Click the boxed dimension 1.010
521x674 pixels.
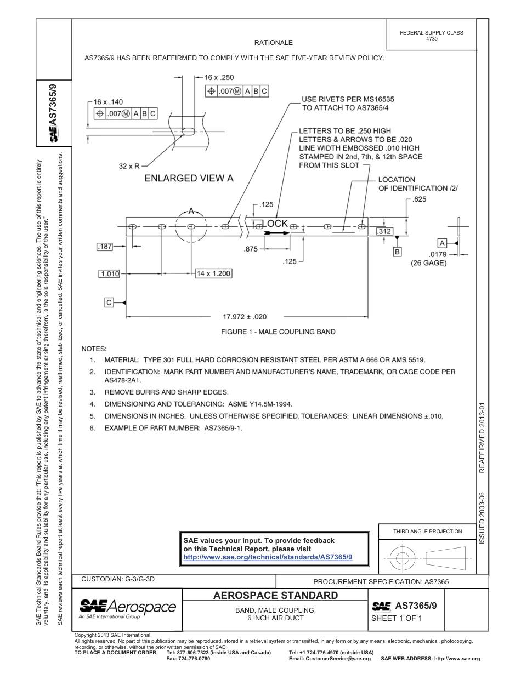coord(110,273)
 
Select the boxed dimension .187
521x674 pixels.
coord(105,247)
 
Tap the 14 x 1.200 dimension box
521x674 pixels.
coord(214,273)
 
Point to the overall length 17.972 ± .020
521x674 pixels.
coord(245,317)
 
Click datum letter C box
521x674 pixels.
coord(109,302)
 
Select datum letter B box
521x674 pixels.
coord(397,252)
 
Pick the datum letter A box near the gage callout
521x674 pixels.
coord(441,243)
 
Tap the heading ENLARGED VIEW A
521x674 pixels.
coord(189,178)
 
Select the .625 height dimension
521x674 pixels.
coord(419,199)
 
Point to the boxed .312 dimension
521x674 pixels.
coord(384,232)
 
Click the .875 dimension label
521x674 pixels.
coord(251,249)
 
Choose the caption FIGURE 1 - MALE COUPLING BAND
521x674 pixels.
coord(278,332)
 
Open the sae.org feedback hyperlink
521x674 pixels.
coord(268,557)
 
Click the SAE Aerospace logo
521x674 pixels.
coord(127,607)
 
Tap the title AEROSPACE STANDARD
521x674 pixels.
coord(275,596)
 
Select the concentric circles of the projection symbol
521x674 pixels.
coord(403,558)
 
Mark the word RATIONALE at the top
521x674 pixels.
coord(273,42)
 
